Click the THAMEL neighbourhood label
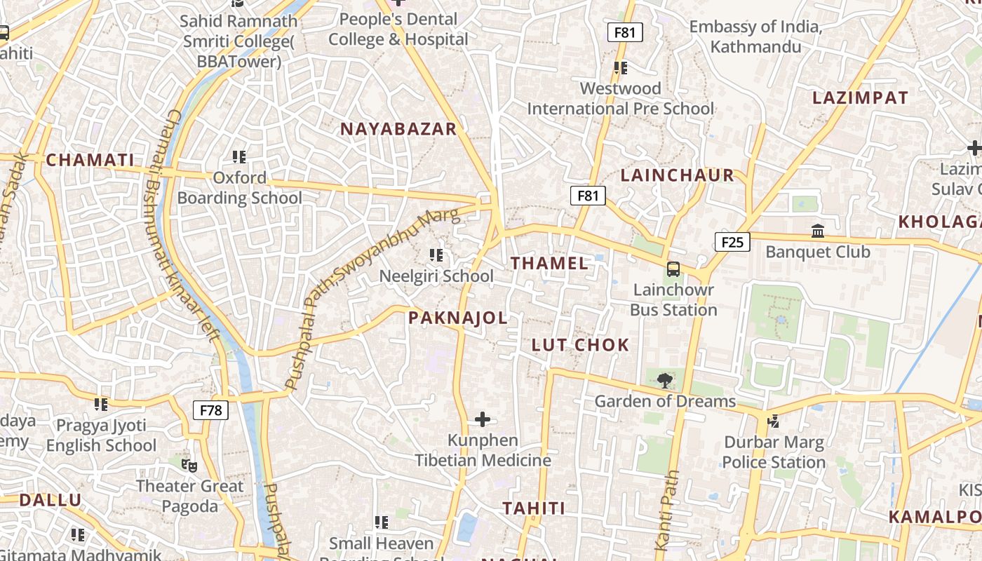pyautogui.click(x=549, y=264)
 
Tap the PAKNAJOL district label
pyautogui.click(x=457, y=318)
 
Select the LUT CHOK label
pyautogui.click(x=580, y=345)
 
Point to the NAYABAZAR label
pyautogui.click(x=398, y=129)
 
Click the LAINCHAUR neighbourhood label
pyautogui.click(x=678, y=175)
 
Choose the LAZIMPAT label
pyautogui.click(x=860, y=98)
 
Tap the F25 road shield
pyautogui.click(x=732, y=242)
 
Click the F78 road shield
pyautogui.click(x=210, y=410)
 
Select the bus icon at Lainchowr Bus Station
pyautogui.click(x=673, y=269)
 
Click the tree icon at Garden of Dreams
pyautogui.click(x=664, y=381)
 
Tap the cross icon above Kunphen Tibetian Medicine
pyautogui.click(x=483, y=419)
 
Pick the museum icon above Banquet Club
pyautogui.click(x=817, y=231)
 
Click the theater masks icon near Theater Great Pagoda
pyautogui.click(x=189, y=465)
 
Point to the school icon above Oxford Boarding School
pyautogui.click(x=239, y=156)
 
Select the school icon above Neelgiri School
pyautogui.click(x=436, y=255)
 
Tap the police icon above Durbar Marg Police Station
pyautogui.click(x=773, y=421)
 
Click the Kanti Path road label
pyautogui.click(x=667, y=510)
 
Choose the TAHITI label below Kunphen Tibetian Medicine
pyautogui.click(x=533, y=508)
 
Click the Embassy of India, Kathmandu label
pyautogui.click(x=755, y=36)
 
